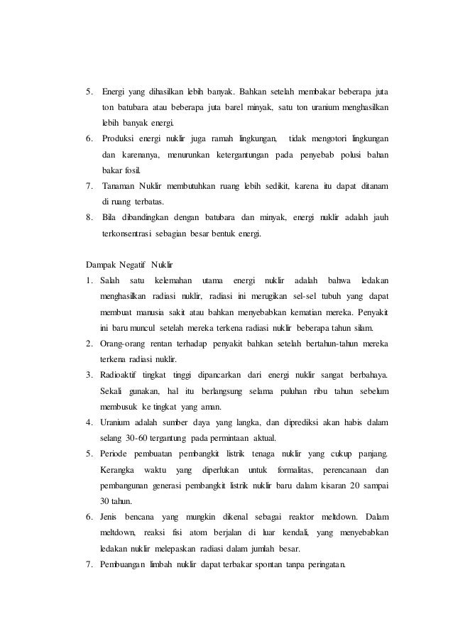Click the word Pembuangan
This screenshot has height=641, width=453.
[x=130, y=564]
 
